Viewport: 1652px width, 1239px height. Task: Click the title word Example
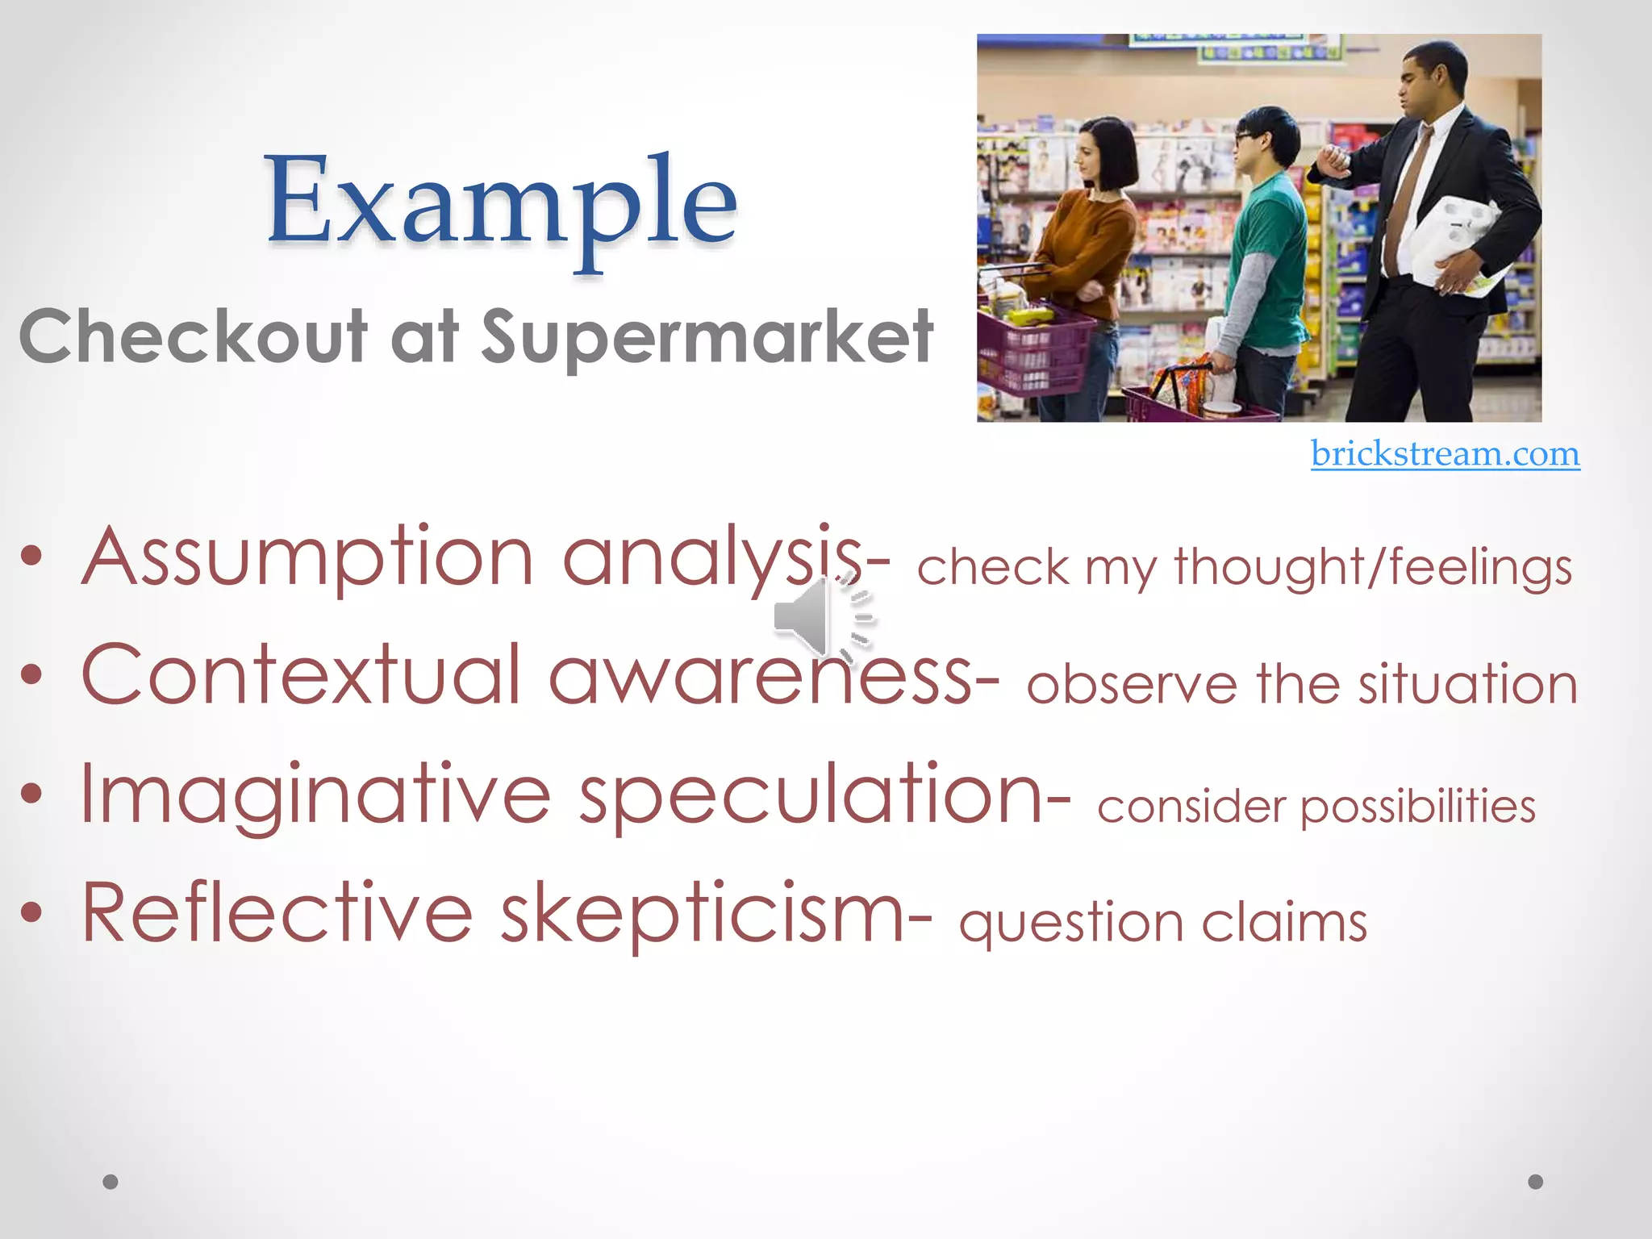tap(502, 202)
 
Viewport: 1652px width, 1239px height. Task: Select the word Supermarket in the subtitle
tap(708, 337)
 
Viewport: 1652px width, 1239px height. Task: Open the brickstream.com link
tap(1445, 453)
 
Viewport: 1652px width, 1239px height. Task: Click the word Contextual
tap(302, 676)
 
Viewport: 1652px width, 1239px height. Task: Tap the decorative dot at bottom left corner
tap(111, 1182)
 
